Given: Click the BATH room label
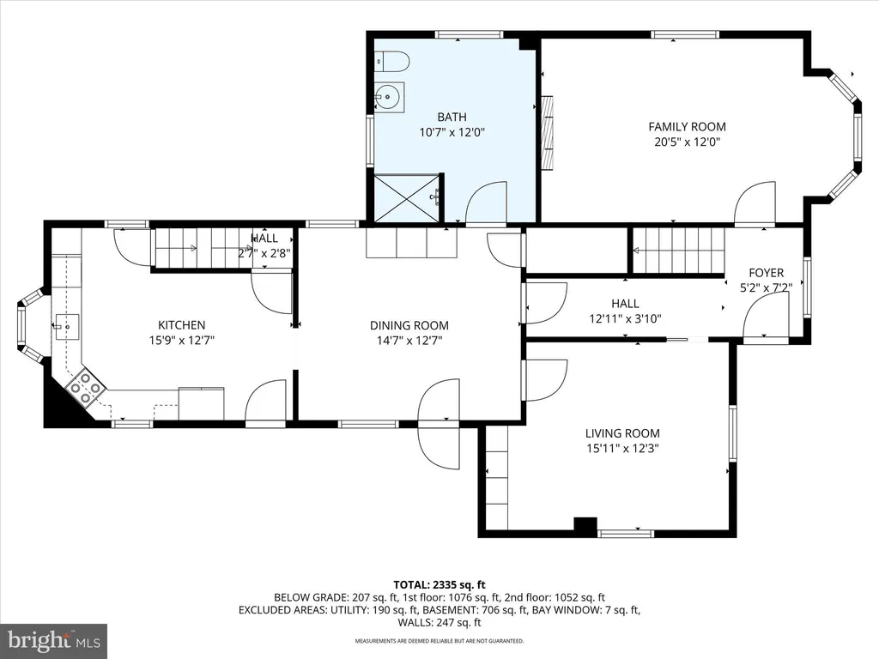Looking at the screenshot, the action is coord(452,117).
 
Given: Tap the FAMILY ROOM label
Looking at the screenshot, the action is coord(687,127).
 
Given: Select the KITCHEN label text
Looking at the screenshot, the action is coord(182,325).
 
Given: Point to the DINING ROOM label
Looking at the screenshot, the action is coord(409,325).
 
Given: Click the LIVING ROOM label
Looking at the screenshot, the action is coord(622,433).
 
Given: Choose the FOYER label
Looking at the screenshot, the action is coord(766,273).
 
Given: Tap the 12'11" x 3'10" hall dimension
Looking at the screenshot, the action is coord(625,319).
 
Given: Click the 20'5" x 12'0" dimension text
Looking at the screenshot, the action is coord(687,142).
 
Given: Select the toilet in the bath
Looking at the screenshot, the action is coord(391,61).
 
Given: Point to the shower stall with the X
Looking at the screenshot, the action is coord(407,198).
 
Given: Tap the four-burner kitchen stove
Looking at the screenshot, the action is coord(85,387).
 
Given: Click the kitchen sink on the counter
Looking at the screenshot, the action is coord(66,327).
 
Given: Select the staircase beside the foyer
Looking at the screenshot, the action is coord(678,251).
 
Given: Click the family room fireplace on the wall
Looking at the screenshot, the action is coord(547,132).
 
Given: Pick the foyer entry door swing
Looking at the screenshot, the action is coord(767,317).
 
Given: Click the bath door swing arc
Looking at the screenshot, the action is coord(486,203).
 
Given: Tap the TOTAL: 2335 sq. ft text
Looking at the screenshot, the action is coord(439,585).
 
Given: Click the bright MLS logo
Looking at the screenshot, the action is coord(54,640).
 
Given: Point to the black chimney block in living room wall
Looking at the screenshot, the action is coord(585,525).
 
